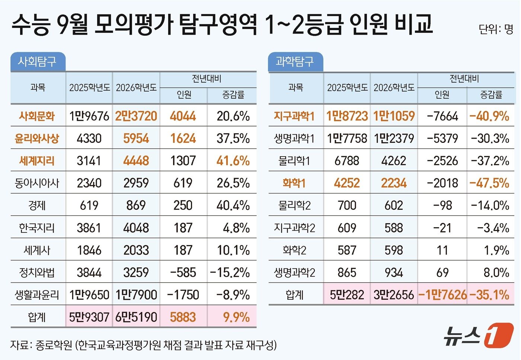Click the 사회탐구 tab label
point(37,61)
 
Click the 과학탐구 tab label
point(295,61)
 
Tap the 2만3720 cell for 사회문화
point(136,116)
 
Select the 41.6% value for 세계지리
point(233,161)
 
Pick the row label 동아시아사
point(37,183)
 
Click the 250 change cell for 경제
point(183,205)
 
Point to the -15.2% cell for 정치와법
point(230,273)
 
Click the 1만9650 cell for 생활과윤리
point(89,295)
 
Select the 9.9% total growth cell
point(236,317)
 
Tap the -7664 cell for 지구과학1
point(442,116)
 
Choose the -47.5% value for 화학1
point(489,183)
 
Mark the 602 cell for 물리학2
point(394,205)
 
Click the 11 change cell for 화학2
point(442,250)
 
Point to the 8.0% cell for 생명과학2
point(496,273)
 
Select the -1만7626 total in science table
point(442,295)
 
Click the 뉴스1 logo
point(478,335)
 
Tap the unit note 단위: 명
point(496,29)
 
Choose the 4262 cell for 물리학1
point(394,161)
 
